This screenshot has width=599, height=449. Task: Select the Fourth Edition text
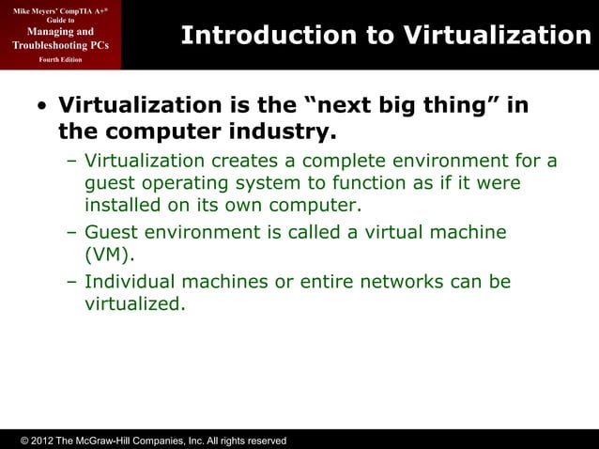(x=60, y=59)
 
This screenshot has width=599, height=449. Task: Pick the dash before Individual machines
(x=72, y=281)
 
